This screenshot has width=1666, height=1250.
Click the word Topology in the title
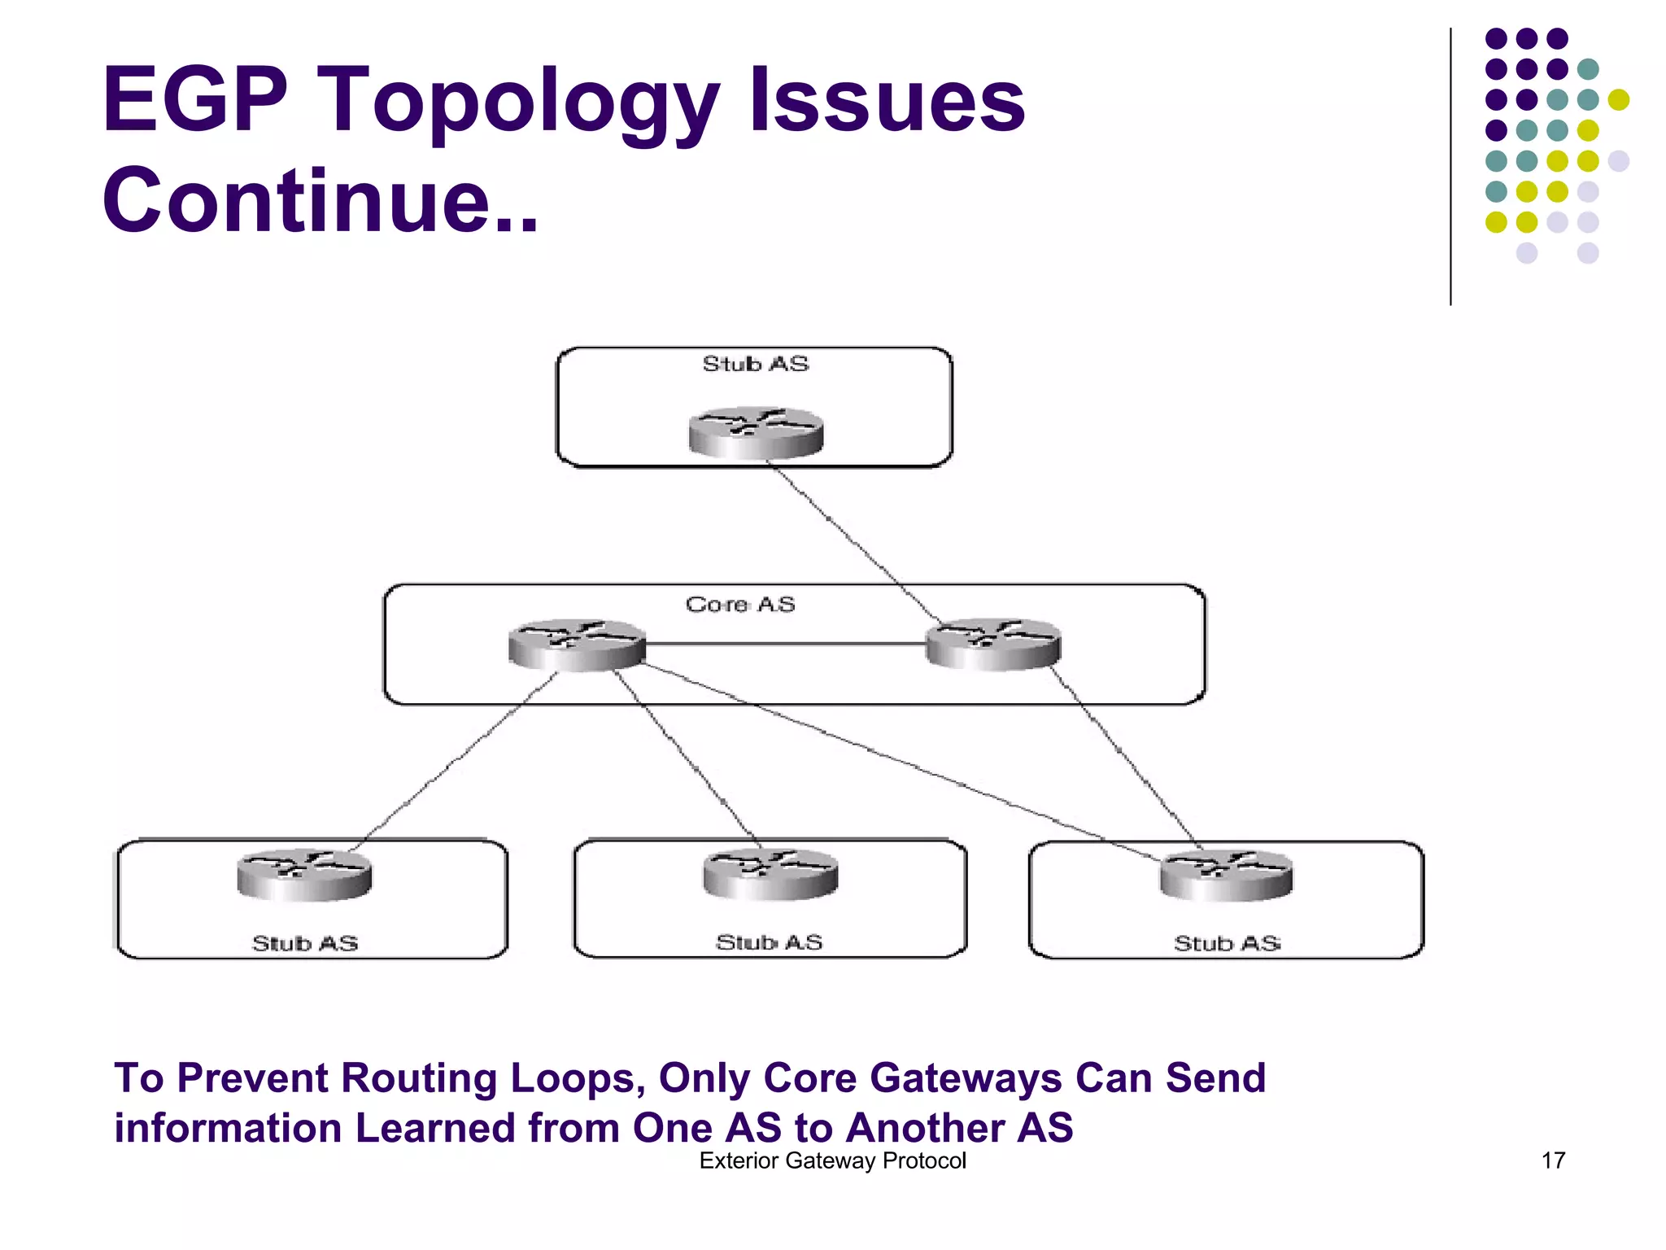click(521, 103)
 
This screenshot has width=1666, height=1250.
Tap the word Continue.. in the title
click(321, 200)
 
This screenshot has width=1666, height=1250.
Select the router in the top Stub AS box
click(756, 433)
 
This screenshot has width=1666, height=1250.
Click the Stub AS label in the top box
click(756, 364)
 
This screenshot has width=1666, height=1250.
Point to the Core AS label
click(740, 605)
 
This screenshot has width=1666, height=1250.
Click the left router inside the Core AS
click(577, 645)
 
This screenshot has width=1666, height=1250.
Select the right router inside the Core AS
click(993, 645)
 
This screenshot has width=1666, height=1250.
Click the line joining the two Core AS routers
click(785, 645)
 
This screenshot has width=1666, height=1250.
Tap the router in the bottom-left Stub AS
click(304, 875)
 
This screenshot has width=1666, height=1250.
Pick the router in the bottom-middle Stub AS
click(770, 874)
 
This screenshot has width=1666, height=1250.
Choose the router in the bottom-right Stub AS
click(1226, 875)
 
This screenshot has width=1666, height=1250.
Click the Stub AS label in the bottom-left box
click(305, 943)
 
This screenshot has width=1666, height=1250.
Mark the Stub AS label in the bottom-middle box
click(769, 942)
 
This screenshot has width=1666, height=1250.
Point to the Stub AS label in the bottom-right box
click(1227, 943)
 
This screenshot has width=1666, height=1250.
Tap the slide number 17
click(1553, 1160)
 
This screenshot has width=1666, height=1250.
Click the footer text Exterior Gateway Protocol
click(832, 1160)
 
